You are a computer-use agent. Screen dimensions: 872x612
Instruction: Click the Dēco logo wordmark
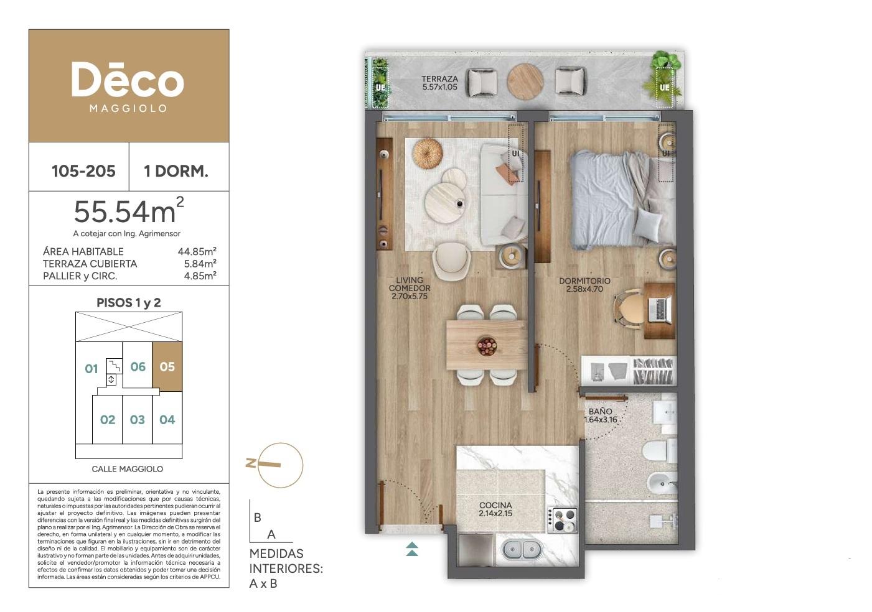click(128, 80)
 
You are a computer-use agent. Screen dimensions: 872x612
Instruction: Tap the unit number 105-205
click(83, 171)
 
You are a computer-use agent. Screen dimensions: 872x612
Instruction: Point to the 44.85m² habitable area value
click(197, 251)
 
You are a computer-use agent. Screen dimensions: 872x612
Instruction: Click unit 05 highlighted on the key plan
click(167, 367)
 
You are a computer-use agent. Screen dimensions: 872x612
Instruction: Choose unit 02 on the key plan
click(108, 420)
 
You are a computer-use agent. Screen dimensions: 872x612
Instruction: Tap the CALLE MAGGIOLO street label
click(128, 469)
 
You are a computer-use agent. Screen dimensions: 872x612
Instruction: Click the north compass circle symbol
click(280, 465)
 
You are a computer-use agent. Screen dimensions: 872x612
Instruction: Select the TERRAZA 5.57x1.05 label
click(440, 83)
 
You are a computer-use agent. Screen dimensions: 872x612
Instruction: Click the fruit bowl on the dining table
click(487, 346)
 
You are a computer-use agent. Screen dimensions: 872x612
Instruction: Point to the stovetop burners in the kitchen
click(563, 520)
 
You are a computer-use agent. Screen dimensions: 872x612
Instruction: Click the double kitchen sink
click(522, 550)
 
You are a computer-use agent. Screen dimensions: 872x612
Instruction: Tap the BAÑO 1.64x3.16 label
click(600, 415)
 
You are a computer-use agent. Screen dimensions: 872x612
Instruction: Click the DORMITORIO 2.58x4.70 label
click(584, 285)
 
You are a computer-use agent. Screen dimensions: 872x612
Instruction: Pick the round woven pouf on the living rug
click(428, 153)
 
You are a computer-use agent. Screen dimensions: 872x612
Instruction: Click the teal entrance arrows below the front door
click(412, 549)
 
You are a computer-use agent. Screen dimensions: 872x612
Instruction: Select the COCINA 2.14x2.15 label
click(495, 509)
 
